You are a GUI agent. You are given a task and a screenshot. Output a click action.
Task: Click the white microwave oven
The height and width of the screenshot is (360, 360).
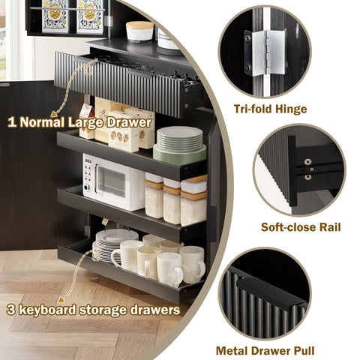(x=114, y=182)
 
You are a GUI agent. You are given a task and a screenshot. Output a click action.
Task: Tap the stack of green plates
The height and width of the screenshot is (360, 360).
(x=179, y=145)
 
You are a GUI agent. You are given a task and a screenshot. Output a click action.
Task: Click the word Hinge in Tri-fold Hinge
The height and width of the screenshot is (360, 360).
(x=291, y=109)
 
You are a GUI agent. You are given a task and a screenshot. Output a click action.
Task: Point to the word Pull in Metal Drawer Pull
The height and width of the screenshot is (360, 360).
(x=304, y=351)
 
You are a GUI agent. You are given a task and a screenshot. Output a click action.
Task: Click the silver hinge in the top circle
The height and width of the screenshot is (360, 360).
(x=265, y=52)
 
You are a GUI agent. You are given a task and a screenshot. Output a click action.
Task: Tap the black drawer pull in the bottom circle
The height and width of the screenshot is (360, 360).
(x=271, y=291)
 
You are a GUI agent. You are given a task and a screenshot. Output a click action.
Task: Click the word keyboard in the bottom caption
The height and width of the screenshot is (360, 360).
(x=47, y=310)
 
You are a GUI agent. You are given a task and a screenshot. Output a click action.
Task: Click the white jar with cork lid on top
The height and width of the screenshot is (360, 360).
(x=139, y=31)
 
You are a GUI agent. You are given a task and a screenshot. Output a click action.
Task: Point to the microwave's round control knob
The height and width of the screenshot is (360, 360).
(x=87, y=187)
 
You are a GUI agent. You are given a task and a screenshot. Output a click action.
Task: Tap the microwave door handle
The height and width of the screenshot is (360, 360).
(x=96, y=178)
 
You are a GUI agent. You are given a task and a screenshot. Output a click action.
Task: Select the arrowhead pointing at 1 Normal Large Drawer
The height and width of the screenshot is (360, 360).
(x=53, y=114)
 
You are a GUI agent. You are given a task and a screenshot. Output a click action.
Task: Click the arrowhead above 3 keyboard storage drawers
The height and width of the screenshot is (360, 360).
(x=61, y=299)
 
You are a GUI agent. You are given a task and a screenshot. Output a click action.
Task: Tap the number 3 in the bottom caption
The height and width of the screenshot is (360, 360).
(x=11, y=310)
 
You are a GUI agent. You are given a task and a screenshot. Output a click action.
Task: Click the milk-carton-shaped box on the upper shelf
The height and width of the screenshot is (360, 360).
(x=87, y=121)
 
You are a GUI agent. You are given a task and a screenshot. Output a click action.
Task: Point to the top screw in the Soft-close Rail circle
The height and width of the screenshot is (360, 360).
(x=308, y=162)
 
